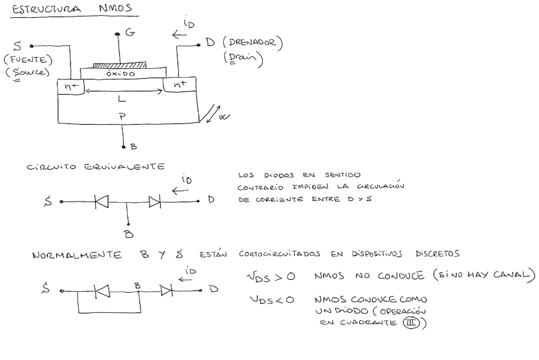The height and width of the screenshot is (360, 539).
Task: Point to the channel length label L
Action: coord(122,100)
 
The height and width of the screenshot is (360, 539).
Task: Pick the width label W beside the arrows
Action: coord(222,118)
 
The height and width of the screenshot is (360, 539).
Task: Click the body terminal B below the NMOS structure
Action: coord(133,147)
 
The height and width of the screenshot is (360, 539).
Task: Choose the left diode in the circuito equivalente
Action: coord(100,202)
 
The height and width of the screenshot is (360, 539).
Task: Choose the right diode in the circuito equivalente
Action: coord(154,202)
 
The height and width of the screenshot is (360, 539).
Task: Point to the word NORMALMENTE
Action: coord(77,255)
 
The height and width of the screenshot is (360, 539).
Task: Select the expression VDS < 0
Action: coord(271,300)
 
